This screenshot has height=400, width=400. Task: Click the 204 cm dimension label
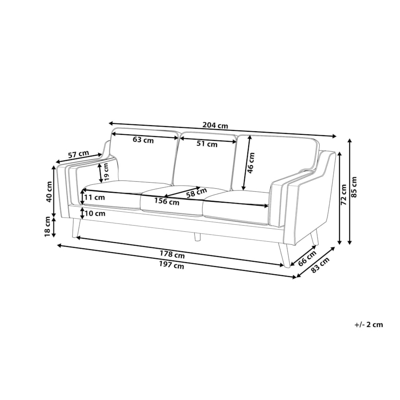click(215, 126)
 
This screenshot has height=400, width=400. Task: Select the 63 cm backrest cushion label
click(143, 140)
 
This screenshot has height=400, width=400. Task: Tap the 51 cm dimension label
click(207, 144)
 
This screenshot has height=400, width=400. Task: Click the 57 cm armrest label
click(79, 154)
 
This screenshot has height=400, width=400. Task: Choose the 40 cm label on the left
click(49, 191)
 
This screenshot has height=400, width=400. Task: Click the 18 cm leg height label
click(48, 227)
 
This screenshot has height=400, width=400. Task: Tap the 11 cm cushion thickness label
click(95, 197)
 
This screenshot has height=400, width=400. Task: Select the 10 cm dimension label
click(95, 213)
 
